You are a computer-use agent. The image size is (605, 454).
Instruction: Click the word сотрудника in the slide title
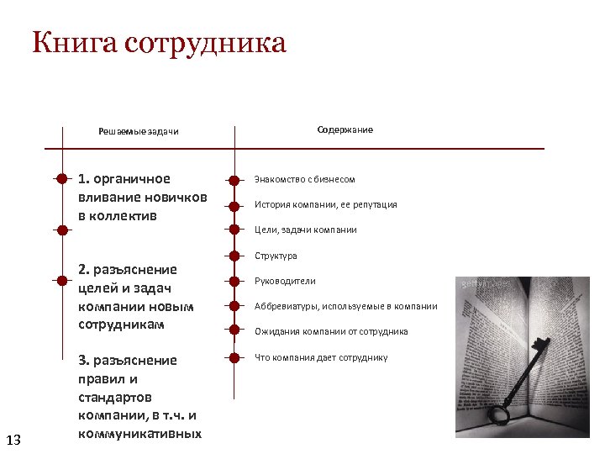click(205, 43)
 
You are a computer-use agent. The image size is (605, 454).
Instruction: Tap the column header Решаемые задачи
click(139, 131)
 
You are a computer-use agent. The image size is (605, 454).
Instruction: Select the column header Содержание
click(345, 130)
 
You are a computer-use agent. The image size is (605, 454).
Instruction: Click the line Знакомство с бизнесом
click(305, 179)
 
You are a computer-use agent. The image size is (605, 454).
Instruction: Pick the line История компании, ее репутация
click(326, 204)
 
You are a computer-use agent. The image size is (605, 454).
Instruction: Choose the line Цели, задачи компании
click(306, 230)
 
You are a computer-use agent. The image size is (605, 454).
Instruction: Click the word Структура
click(276, 256)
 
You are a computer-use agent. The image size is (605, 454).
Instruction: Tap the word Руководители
click(286, 281)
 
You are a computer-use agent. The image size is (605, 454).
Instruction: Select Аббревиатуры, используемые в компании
click(346, 306)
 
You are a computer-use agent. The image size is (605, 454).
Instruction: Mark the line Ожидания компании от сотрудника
click(332, 331)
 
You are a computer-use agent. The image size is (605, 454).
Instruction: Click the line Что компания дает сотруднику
click(321, 357)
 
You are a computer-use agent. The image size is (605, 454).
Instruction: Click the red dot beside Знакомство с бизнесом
click(234, 179)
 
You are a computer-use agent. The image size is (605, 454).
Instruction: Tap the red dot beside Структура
click(234, 256)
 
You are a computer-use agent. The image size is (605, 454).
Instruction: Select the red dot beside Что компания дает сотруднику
click(234, 357)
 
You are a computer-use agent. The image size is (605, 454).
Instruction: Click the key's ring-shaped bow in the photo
click(499, 414)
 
